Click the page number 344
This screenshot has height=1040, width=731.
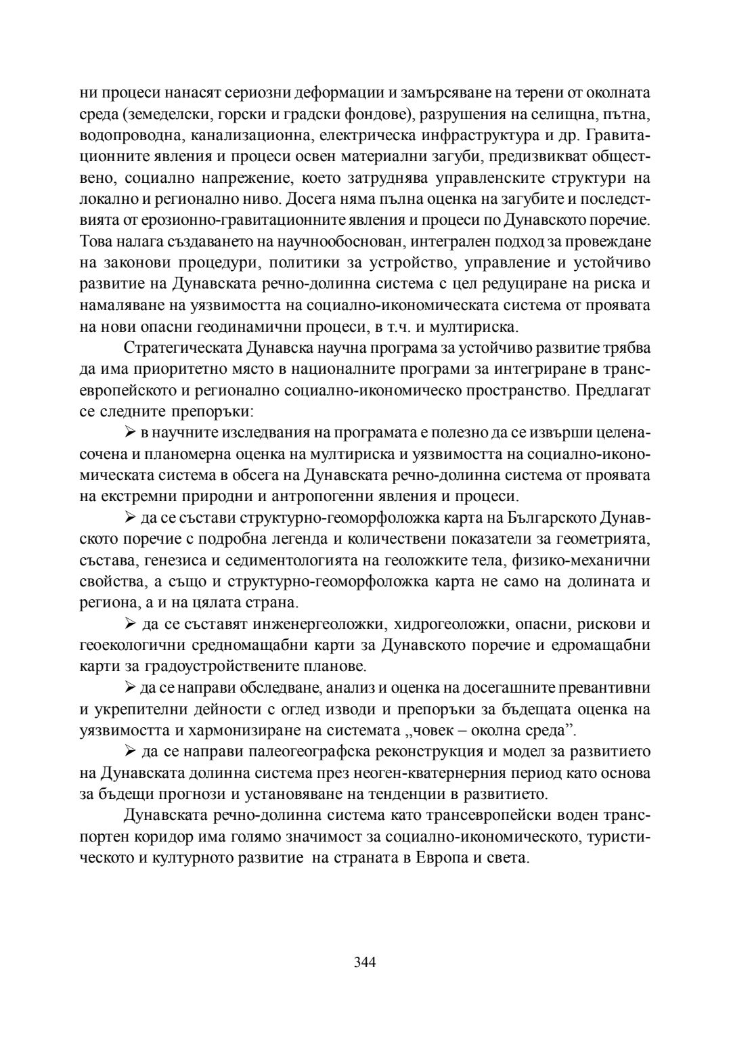tap(365, 962)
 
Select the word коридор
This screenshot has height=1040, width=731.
tap(162, 836)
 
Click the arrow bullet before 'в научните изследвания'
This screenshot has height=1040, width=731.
tap(131, 431)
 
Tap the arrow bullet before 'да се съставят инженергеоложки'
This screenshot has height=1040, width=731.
tap(131, 623)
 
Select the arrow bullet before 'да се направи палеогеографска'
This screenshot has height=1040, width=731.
tap(131, 751)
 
